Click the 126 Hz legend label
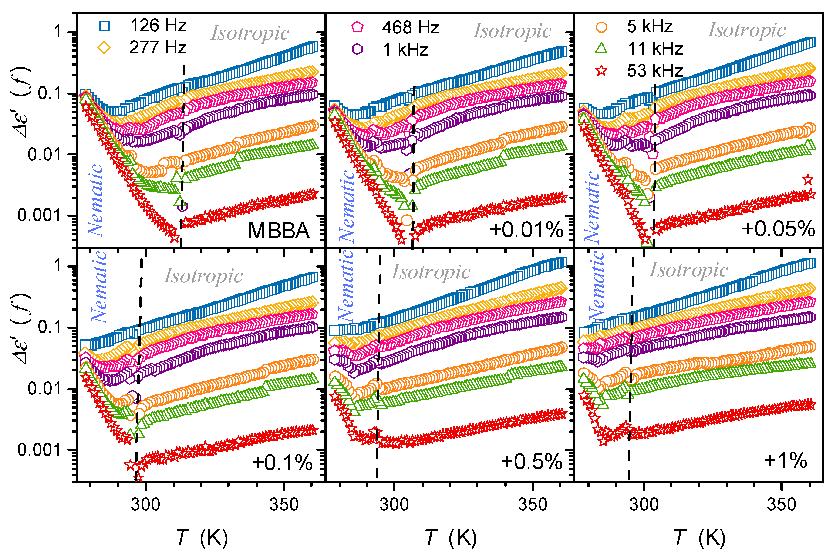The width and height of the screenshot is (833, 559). pos(158,26)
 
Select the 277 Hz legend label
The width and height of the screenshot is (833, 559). pos(158,48)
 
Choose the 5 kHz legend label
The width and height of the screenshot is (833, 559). pos(650,27)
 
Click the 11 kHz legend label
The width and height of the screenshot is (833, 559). pos(655,49)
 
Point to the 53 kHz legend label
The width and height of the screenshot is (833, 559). pos(655,71)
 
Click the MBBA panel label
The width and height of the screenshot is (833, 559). pos(279,231)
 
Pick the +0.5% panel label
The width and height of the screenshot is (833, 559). pos(531,462)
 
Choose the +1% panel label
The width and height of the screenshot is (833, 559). pos(785,461)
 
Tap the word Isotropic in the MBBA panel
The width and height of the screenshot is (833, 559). pos(250,33)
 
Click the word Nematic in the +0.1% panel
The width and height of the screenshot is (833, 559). pos(99,287)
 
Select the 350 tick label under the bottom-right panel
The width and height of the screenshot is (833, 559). pos(782,505)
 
